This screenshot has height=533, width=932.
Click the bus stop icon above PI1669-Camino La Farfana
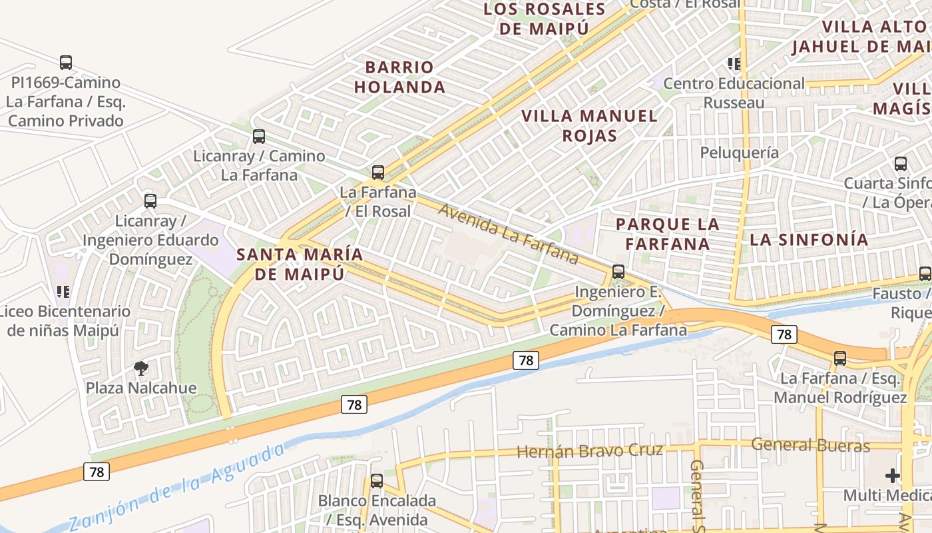coord(65,63)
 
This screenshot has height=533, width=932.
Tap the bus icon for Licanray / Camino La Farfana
coord(259,137)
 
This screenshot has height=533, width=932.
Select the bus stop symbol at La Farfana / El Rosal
coord(378,173)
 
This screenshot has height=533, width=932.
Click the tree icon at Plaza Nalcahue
coord(141,368)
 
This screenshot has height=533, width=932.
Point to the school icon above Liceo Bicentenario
coord(63,291)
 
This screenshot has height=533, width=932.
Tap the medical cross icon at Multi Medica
coord(892,476)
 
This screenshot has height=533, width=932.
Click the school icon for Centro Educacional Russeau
coord(734,64)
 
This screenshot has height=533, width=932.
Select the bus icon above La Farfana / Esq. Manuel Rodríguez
coord(840,358)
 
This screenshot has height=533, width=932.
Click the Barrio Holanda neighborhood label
coord(399,77)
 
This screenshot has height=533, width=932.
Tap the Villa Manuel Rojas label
coord(589,125)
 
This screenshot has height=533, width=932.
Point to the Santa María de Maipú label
coord(300,264)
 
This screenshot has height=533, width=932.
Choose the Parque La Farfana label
coord(668,234)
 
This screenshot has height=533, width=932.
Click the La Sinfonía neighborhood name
coord(809,240)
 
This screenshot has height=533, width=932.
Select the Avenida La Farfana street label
coord(509,233)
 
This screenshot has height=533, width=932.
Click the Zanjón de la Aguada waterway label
coord(176,486)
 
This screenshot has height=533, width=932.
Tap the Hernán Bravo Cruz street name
coord(590,451)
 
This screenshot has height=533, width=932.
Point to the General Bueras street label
coord(810,445)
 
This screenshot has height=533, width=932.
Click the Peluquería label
coord(739,153)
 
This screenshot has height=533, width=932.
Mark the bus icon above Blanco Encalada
coord(377,480)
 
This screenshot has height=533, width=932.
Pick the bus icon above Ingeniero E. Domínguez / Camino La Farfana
coord(618,272)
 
